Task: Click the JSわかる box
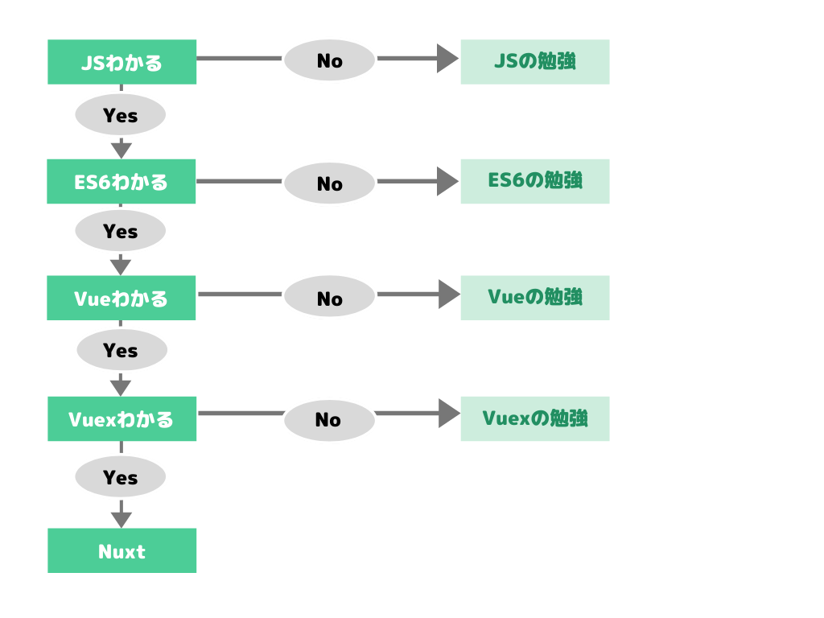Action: (122, 62)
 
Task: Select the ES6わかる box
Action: (122, 181)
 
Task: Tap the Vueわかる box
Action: (122, 298)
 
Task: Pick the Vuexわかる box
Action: (122, 418)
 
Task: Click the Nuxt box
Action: (122, 550)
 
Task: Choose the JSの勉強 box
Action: (534, 62)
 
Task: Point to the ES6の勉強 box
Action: (534, 181)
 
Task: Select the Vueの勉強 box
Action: (534, 298)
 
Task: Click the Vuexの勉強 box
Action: (534, 418)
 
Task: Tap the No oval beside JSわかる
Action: (329, 60)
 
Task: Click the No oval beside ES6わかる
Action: (329, 183)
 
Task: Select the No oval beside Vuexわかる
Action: (329, 420)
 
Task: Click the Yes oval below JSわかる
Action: (120, 115)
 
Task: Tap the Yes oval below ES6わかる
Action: (120, 231)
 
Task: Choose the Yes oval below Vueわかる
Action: (122, 350)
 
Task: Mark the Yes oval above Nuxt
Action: (120, 477)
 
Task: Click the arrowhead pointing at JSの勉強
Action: (447, 58)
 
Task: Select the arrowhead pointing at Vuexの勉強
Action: (447, 414)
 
